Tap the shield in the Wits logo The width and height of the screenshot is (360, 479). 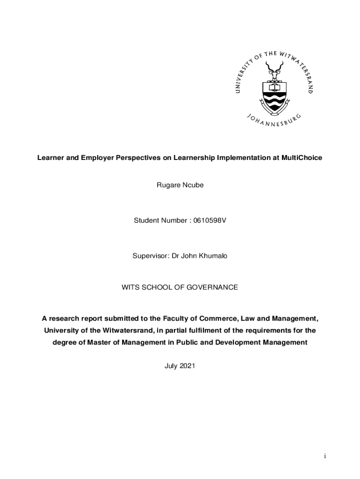point(274,96)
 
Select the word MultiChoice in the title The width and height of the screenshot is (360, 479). point(302,158)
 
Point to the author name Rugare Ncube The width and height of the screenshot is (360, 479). point(180,185)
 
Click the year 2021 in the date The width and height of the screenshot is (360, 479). point(187,366)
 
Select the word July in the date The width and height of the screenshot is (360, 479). point(171,366)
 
